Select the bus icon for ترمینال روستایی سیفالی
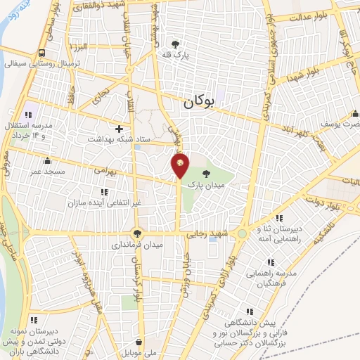coord(43,53)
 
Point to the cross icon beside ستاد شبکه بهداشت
coord(119,129)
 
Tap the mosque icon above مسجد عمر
coord(47,160)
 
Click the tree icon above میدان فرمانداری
coord(137,235)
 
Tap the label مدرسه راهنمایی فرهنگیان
coord(275,277)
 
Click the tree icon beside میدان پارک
coord(205,173)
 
